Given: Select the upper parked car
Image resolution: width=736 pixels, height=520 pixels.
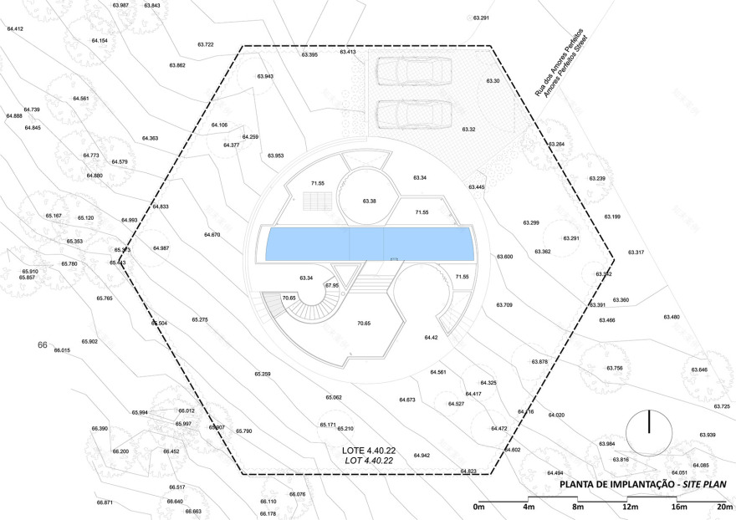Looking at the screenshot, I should click(x=411, y=71).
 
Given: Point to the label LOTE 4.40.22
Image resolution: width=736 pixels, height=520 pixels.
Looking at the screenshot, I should click(x=368, y=451).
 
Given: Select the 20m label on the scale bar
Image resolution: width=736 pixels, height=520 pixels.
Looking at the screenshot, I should click(x=724, y=507).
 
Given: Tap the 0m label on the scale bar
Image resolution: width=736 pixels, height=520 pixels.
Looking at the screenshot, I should click(x=479, y=507).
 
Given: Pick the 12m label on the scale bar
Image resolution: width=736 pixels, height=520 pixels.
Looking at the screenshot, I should click(x=629, y=507).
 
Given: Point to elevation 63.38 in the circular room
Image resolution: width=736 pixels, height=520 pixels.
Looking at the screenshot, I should click(x=370, y=201).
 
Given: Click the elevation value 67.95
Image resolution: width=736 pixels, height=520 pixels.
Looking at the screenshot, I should click(x=332, y=286).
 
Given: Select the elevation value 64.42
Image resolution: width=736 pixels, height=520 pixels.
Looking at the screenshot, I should click(x=431, y=337).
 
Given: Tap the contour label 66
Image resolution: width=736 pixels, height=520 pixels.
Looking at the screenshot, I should click(x=42, y=344).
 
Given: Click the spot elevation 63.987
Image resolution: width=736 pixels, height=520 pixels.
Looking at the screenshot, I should click(x=120, y=5).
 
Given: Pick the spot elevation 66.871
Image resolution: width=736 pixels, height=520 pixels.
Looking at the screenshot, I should click(x=105, y=502).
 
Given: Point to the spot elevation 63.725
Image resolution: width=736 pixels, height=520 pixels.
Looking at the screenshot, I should click(x=721, y=406).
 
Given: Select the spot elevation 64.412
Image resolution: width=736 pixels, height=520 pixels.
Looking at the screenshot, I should click(x=15, y=29).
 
